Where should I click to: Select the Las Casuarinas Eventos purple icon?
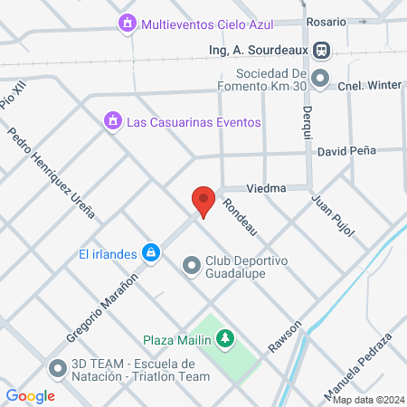tap(113, 120)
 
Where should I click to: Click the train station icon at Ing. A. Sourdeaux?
tap(322, 50)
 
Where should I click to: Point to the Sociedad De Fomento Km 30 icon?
tap(320, 80)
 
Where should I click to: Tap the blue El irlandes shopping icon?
tap(152, 252)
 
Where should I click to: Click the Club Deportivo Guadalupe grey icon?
tap(191, 266)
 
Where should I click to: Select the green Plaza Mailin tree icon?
tap(223, 340)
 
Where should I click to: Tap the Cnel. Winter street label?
tap(371, 87)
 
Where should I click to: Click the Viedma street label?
tap(265, 188)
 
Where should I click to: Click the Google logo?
tap(31, 395)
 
